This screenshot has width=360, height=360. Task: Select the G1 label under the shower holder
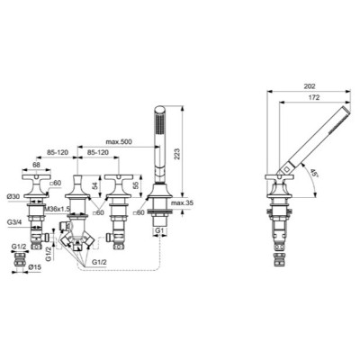157,232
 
